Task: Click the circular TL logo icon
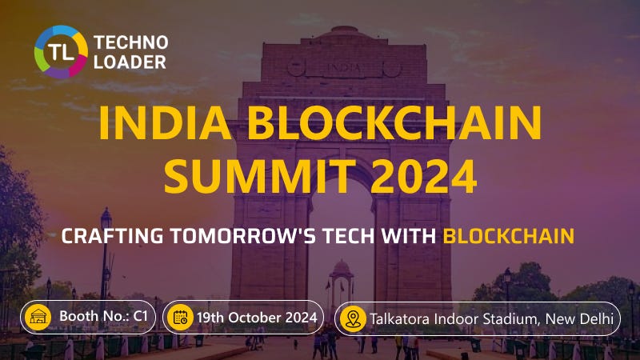tap(61, 52)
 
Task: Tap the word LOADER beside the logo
tap(130, 62)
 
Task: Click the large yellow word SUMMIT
tap(257, 176)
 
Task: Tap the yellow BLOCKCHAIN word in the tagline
tap(509, 236)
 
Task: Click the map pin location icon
tap(353, 318)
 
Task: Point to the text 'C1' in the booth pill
tap(141, 318)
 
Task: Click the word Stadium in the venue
tap(510, 318)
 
